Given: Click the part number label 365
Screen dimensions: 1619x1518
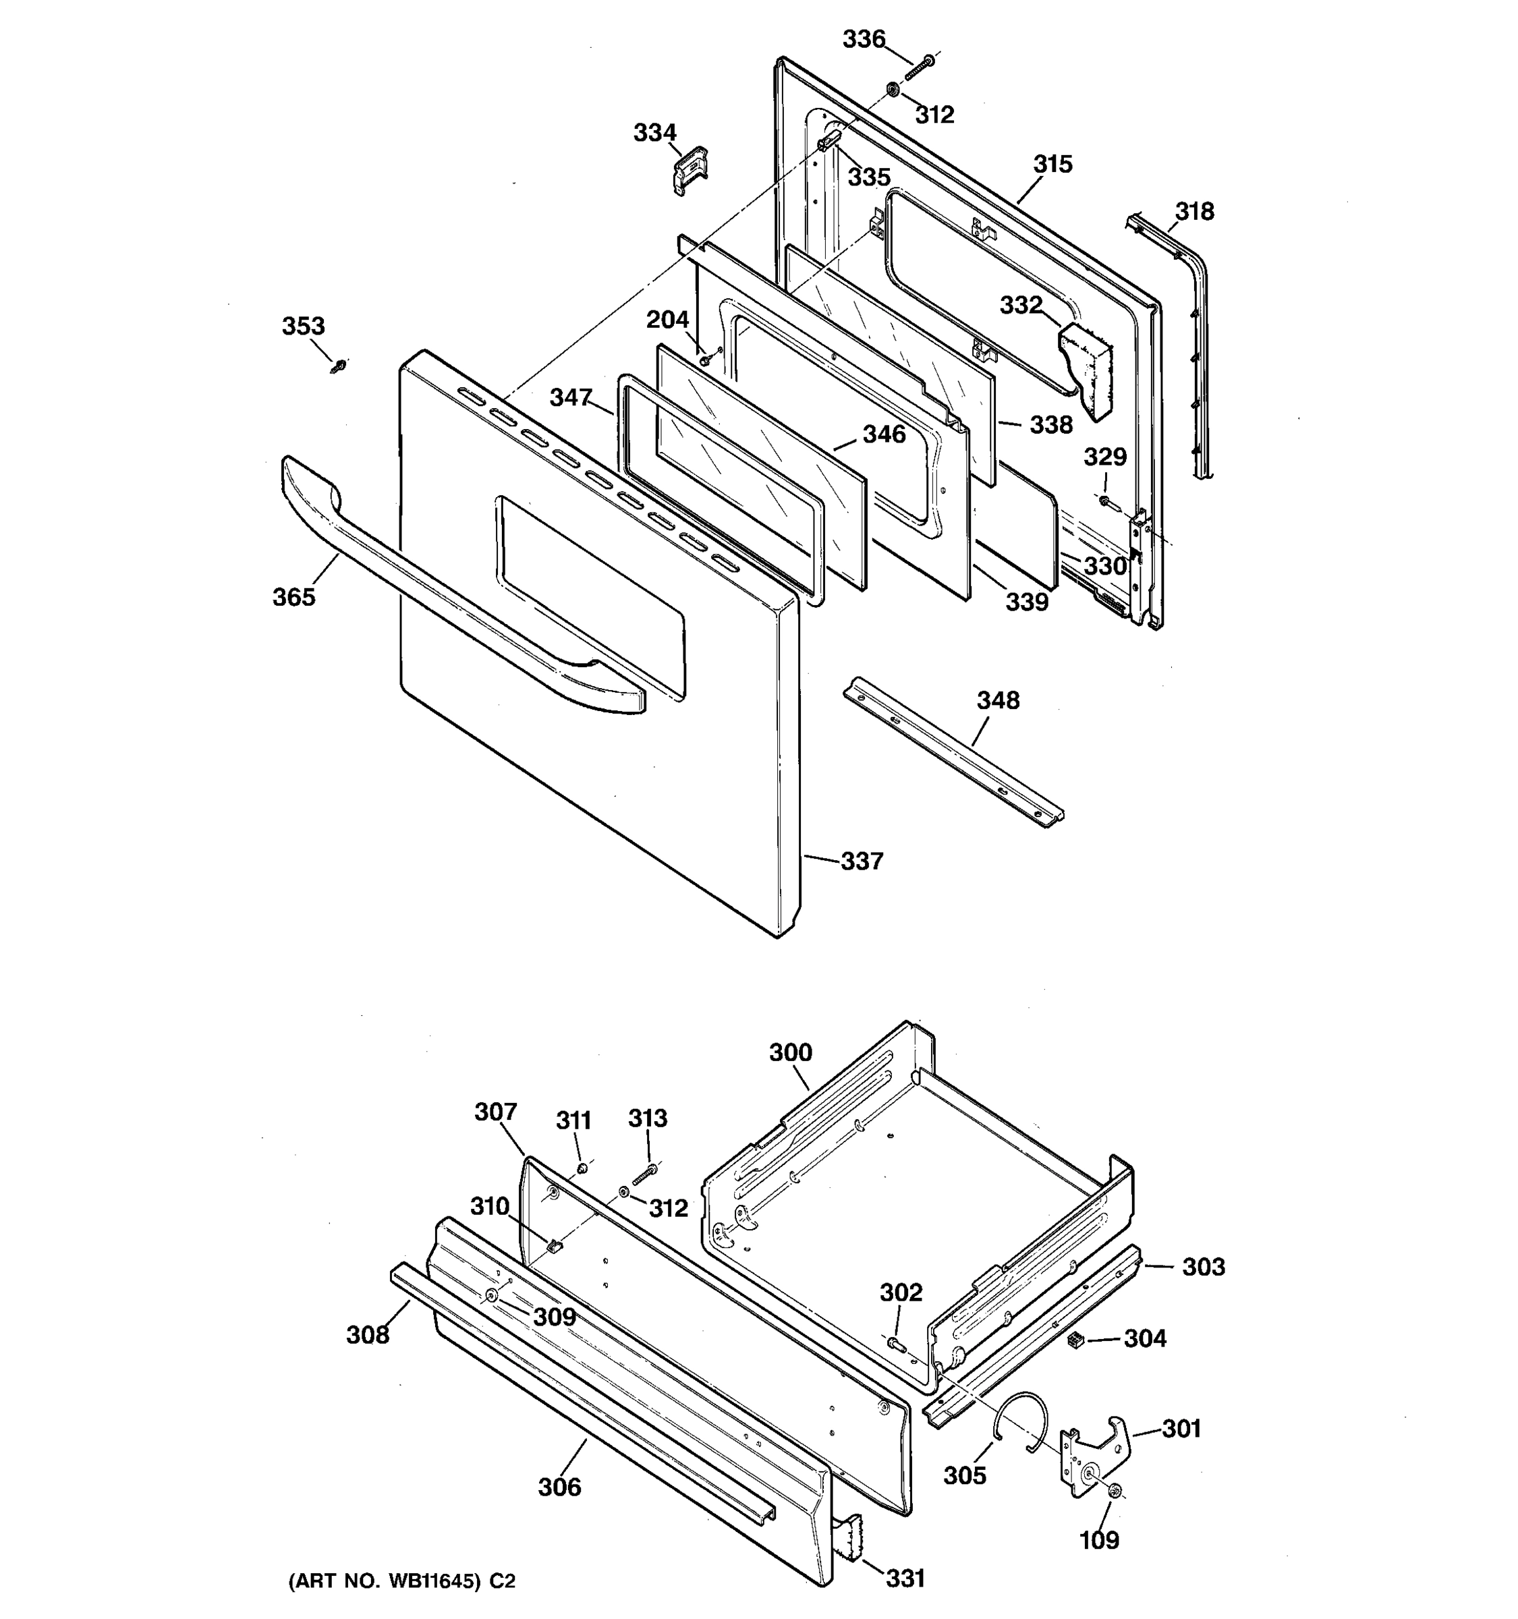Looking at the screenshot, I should pos(293,597).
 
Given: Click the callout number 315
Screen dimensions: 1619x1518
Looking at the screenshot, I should pos(1053,165).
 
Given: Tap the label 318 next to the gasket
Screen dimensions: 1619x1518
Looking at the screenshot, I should pos(1194,212).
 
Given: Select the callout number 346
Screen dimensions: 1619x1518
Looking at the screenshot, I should pos(884,434).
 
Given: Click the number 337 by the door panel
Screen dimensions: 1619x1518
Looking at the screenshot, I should pos(862,861).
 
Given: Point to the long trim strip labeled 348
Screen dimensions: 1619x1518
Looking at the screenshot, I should pos(953,750).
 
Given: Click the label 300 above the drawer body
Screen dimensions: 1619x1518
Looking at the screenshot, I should pos(790,1053).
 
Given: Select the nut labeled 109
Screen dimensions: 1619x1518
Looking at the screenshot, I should pos(1115,1491).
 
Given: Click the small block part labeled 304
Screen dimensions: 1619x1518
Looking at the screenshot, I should pos(1074,1339).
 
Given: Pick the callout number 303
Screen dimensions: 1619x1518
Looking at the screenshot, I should pos(1203,1267).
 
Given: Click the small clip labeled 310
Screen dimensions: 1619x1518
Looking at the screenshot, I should pos(554,1245).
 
